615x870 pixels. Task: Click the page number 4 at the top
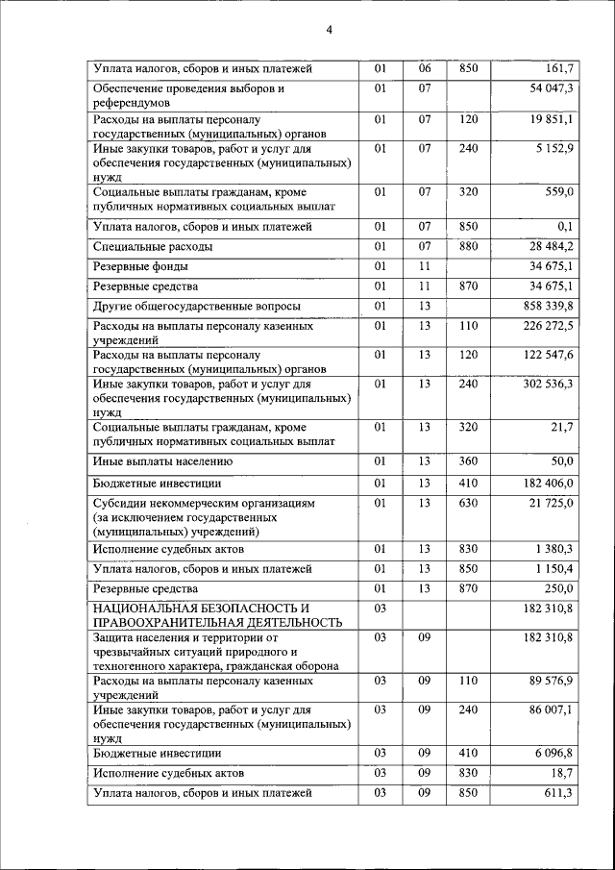(329, 29)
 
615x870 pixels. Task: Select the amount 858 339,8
(546, 306)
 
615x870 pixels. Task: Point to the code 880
(468, 247)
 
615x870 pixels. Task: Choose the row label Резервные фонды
(140, 266)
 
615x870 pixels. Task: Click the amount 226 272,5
(546, 326)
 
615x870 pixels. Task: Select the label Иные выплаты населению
(161, 461)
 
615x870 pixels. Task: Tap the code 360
(468, 461)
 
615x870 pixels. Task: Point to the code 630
(468, 503)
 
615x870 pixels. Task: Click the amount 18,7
(563, 773)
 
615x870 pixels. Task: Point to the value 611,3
(560, 793)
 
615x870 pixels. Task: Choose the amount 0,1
(567, 227)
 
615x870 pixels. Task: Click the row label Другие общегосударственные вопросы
(196, 306)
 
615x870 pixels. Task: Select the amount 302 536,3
(546, 384)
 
